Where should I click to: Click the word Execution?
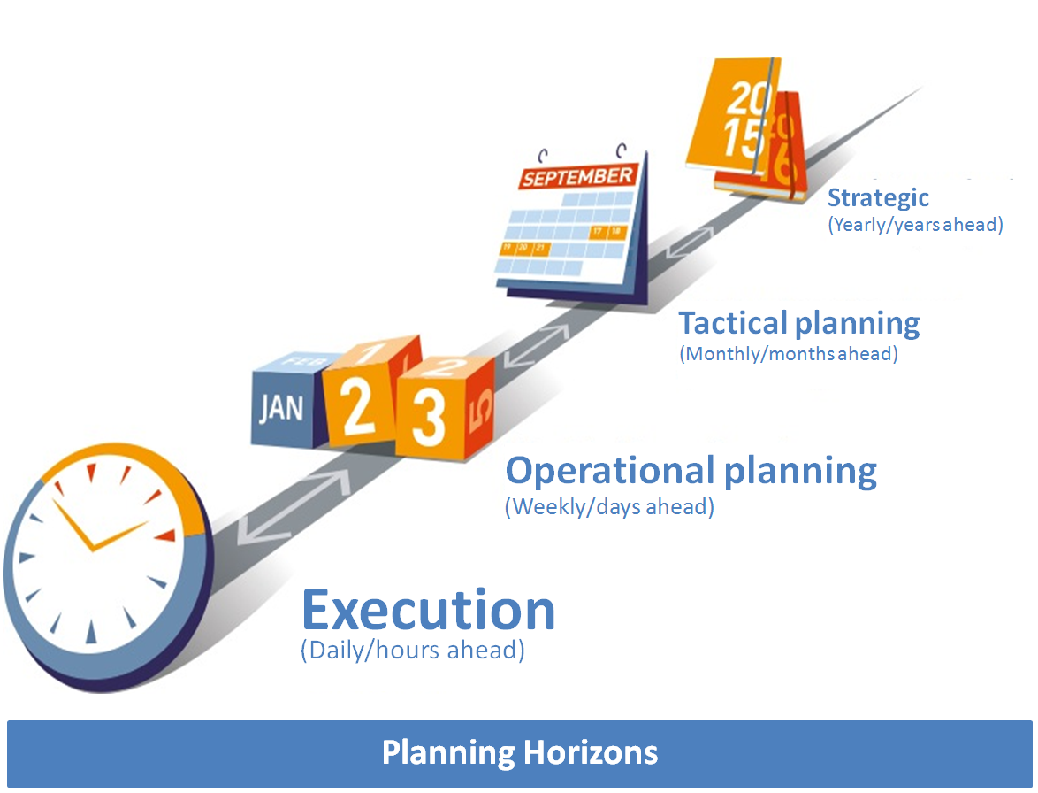tap(428, 610)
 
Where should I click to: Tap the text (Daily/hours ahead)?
tap(412, 650)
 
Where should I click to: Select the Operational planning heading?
tap(691, 472)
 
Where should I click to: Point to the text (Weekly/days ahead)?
tap(609, 507)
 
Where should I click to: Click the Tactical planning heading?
tap(799, 324)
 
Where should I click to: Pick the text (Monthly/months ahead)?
tap(789, 354)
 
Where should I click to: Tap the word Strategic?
tap(879, 198)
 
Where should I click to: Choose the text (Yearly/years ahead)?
tap(915, 225)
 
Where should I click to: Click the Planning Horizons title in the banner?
tap(520, 753)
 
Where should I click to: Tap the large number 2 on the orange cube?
tap(357, 407)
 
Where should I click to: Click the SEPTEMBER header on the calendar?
tap(578, 177)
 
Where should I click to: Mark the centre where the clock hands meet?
tap(94, 549)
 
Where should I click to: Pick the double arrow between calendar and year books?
tap(689, 243)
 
